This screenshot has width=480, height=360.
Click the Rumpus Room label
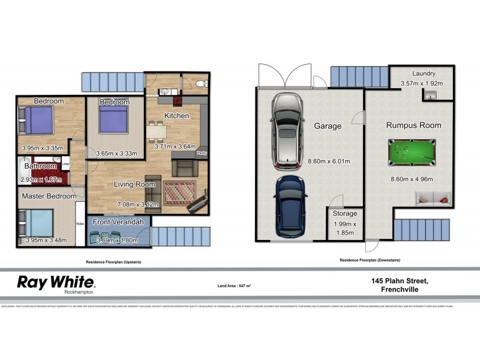point(413,125)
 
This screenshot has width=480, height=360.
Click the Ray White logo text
point(55,282)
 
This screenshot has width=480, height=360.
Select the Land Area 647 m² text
point(233,286)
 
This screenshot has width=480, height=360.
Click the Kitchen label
point(176,116)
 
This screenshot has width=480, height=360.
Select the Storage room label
point(344,214)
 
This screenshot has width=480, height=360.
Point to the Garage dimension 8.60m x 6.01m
point(327,161)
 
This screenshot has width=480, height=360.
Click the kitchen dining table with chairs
point(157,130)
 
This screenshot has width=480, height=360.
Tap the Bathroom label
point(40,166)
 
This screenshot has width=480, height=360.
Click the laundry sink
point(431,95)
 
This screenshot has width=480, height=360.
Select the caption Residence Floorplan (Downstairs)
point(370,260)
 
